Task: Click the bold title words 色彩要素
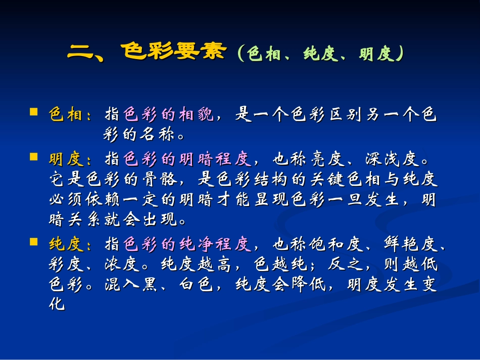(173, 52)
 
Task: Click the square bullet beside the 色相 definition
(34, 111)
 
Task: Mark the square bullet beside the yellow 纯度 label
(34, 242)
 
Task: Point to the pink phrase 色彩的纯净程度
(187, 245)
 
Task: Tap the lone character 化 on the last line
(57, 304)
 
